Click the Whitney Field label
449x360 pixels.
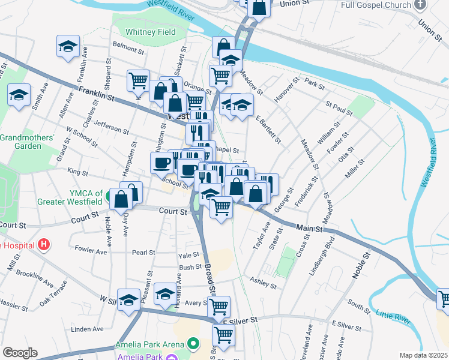pos(151,31)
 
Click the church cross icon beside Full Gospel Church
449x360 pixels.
pos(420,5)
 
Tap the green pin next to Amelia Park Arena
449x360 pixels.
pos(193,344)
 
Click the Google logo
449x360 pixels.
pos(20,352)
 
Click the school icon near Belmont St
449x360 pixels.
pos(68,46)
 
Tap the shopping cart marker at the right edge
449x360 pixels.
pos(443,298)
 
